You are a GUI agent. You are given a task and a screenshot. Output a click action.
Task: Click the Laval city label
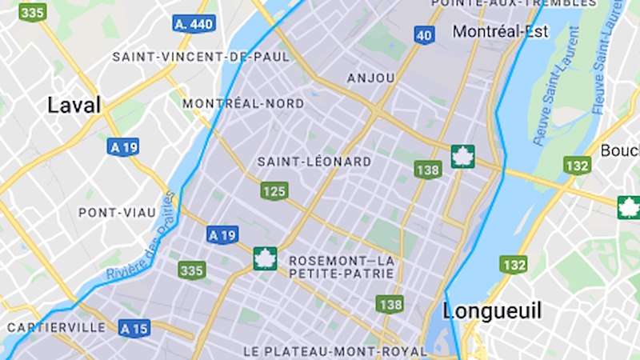pos(74,105)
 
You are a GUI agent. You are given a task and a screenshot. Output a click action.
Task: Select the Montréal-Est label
pos(500,32)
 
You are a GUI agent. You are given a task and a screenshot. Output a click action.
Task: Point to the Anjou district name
pos(371,78)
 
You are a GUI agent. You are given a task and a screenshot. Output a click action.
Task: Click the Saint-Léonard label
pos(314,162)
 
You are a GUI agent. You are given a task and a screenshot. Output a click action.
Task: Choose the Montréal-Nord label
pos(243,104)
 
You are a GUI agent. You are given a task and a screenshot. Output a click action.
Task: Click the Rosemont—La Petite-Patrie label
pos(342,267)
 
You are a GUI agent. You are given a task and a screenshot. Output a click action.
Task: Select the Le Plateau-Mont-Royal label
pos(335,351)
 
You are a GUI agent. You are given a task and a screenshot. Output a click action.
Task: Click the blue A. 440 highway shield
pos(194,24)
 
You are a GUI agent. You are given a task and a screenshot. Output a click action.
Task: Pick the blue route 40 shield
pos(424,35)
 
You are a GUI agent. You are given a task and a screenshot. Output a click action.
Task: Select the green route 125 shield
pos(274,190)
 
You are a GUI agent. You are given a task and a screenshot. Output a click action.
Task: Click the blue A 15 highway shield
pos(134,328)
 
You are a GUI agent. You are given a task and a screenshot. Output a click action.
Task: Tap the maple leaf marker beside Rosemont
pos(264,259)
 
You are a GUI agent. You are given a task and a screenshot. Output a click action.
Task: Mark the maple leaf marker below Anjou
pos(462,157)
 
